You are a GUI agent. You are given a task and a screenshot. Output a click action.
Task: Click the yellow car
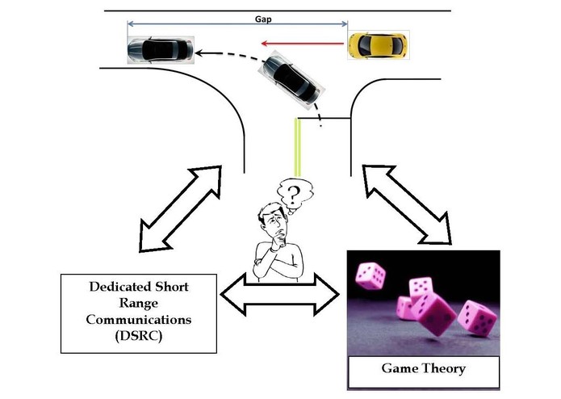point(379,46)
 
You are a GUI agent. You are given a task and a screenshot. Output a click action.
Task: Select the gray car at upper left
point(160,50)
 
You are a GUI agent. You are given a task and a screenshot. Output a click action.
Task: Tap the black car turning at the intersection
point(293,83)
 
